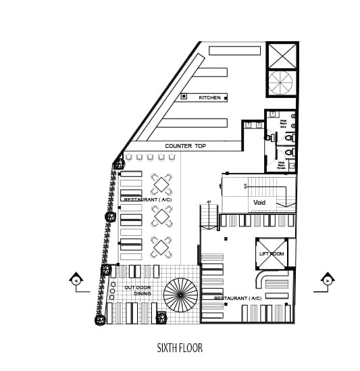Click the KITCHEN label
209,98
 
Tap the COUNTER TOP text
185,146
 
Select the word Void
259,203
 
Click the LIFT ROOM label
272,253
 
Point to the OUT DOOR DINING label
138,291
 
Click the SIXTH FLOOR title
179,349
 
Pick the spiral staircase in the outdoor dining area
180,295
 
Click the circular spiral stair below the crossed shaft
280,84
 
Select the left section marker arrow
76,280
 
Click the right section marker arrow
328,279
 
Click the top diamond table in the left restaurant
161,183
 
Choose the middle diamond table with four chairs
161,216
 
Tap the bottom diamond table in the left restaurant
161,247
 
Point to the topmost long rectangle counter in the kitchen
234,51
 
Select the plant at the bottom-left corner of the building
100,320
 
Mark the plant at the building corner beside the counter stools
119,163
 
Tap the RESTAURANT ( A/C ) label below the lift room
237,298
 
